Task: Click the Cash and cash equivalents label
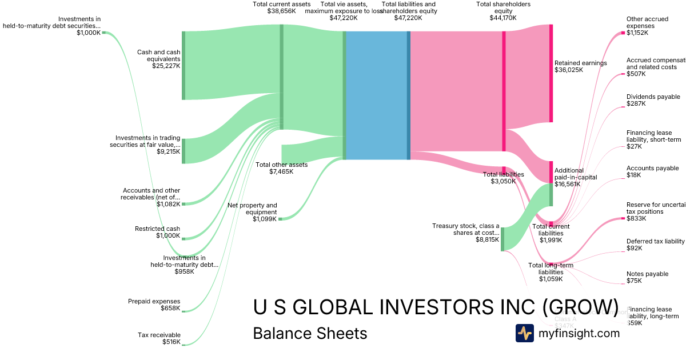[x=158, y=55]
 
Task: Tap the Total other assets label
[x=281, y=165]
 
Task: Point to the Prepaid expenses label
[x=154, y=301]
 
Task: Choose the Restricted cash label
[x=157, y=229]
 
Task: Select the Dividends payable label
[x=653, y=97]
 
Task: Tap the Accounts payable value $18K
[x=634, y=175]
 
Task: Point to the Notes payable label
[x=647, y=274]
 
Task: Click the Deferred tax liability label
[x=655, y=241]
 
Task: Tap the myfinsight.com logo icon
[x=524, y=333]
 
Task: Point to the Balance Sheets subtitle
[x=310, y=333]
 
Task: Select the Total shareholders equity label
[x=503, y=7]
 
